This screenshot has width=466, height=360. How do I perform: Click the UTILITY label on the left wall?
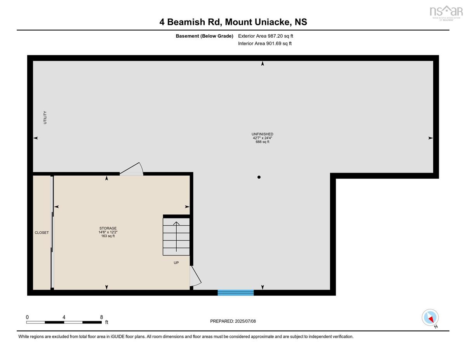[x=45, y=117]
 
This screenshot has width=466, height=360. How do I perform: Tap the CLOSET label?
[x=42, y=233]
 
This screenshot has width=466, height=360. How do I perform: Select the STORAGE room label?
[x=108, y=228]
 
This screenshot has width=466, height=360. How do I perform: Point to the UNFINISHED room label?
[x=262, y=134]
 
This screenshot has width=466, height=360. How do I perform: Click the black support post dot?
[x=259, y=177]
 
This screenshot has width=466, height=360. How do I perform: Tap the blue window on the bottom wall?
[x=236, y=293]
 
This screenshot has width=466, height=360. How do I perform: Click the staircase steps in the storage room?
[x=176, y=237]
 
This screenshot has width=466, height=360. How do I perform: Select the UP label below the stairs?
[x=176, y=263]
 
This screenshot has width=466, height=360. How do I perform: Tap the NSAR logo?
[x=446, y=13]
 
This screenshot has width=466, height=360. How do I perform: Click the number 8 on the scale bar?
[x=101, y=317]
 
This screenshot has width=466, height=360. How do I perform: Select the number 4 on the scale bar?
[x=64, y=317]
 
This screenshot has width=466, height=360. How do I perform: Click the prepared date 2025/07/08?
[x=245, y=321]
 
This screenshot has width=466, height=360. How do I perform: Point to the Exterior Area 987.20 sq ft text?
[x=266, y=36]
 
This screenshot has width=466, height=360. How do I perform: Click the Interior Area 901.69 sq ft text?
[x=265, y=43]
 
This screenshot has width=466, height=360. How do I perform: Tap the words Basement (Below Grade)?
[x=204, y=36]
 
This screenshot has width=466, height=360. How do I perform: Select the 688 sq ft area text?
[x=262, y=142]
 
